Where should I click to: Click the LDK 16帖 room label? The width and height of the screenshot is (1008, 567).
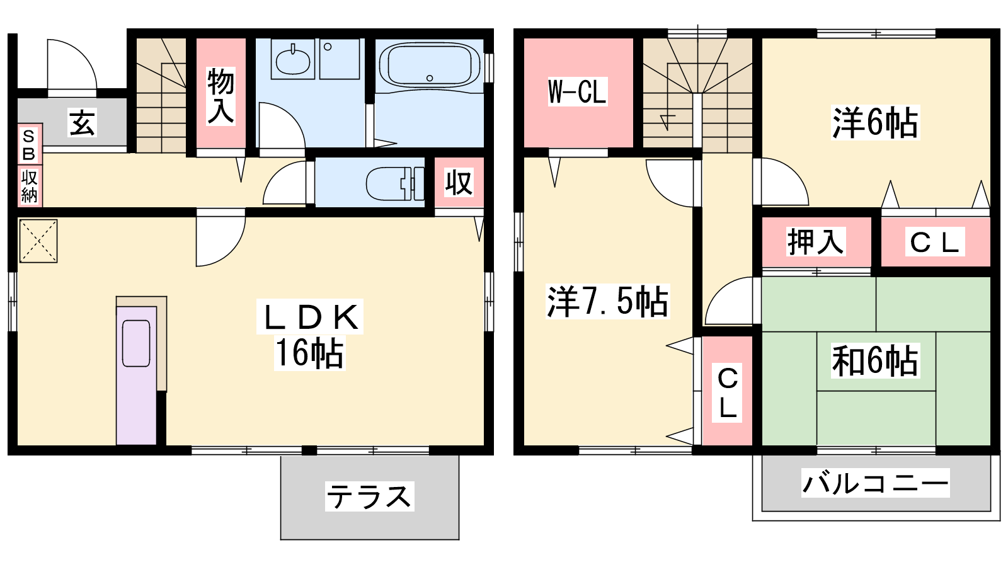click(x=309, y=335)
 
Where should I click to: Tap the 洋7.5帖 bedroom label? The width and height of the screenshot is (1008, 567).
click(x=607, y=301)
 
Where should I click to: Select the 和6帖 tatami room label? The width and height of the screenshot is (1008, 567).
click(x=875, y=360)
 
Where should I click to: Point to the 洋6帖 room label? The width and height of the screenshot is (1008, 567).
click(x=875, y=122)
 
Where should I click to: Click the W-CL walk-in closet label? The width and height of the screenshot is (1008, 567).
click(x=577, y=92)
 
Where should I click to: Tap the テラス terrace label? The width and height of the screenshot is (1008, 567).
click(x=369, y=496)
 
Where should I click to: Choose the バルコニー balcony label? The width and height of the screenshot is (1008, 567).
click(x=875, y=483)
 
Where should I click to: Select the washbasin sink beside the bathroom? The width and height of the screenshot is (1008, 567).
click(x=292, y=60)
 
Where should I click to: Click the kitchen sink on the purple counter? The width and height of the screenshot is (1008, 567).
click(x=136, y=343)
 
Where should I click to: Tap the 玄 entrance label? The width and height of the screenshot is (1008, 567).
click(x=82, y=123)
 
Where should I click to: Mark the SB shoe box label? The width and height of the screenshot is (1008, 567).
click(x=29, y=144)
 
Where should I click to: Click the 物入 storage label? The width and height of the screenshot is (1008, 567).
click(x=220, y=96)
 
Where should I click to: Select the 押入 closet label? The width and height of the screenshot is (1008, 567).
click(x=816, y=242)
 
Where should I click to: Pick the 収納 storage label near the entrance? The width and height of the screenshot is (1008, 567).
click(x=29, y=186)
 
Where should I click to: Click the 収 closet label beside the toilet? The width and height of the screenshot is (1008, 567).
click(x=459, y=182)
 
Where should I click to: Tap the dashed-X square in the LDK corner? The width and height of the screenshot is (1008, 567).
click(x=38, y=241)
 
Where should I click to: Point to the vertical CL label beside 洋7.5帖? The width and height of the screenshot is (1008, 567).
click(x=728, y=392)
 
